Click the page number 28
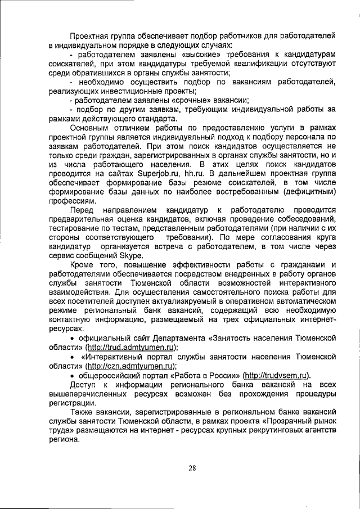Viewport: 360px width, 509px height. [x=192, y=468]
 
